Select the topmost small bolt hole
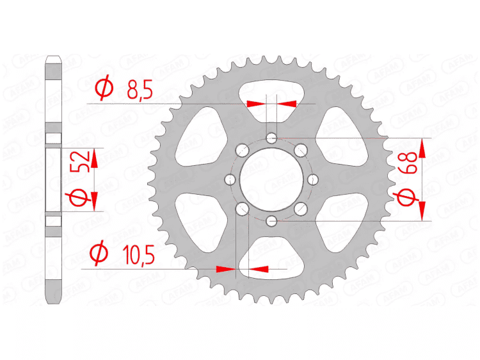click(x=272, y=138)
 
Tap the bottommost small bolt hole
click(x=272, y=222)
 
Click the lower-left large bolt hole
click(x=242, y=209)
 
